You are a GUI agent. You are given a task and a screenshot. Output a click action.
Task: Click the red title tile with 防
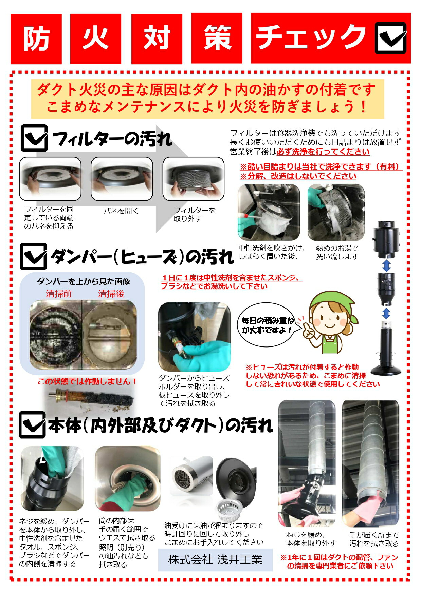(x=36, y=39)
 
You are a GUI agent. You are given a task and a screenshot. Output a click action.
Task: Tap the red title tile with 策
(x=217, y=39)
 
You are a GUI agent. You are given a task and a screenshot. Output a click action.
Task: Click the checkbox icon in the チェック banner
(x=391, y=38)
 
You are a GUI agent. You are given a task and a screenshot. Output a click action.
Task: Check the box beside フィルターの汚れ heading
(x=34, y=138)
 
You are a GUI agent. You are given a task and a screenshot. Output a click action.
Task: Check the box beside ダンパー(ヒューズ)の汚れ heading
(x=33, y=256)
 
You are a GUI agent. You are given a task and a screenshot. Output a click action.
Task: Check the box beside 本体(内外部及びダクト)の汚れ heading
(x=32, y=425)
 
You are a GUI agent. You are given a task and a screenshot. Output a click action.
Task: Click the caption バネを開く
(x=121, y=211)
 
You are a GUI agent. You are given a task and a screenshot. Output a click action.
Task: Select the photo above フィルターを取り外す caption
(x=194, y=179)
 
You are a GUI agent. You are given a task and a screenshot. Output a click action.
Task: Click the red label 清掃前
(x=59, y=294)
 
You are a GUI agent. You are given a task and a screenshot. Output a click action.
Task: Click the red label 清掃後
(x=111, y=294)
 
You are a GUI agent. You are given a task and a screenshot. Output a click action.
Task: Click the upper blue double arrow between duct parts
(x=386, y=265)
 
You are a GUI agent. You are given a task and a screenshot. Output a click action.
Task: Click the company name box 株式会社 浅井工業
(x=215, y=560)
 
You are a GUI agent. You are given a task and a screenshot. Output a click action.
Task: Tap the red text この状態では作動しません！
(x=87, y=382)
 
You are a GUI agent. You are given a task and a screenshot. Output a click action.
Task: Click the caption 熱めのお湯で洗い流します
(x=337, y=252)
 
